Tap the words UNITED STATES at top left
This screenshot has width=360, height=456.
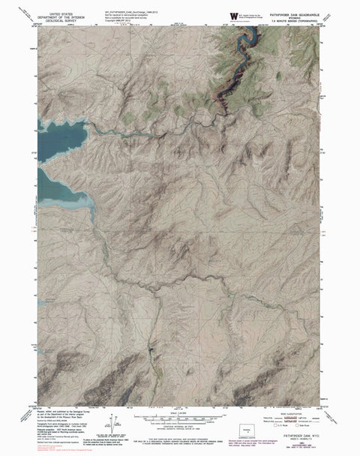tap(64, 13)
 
